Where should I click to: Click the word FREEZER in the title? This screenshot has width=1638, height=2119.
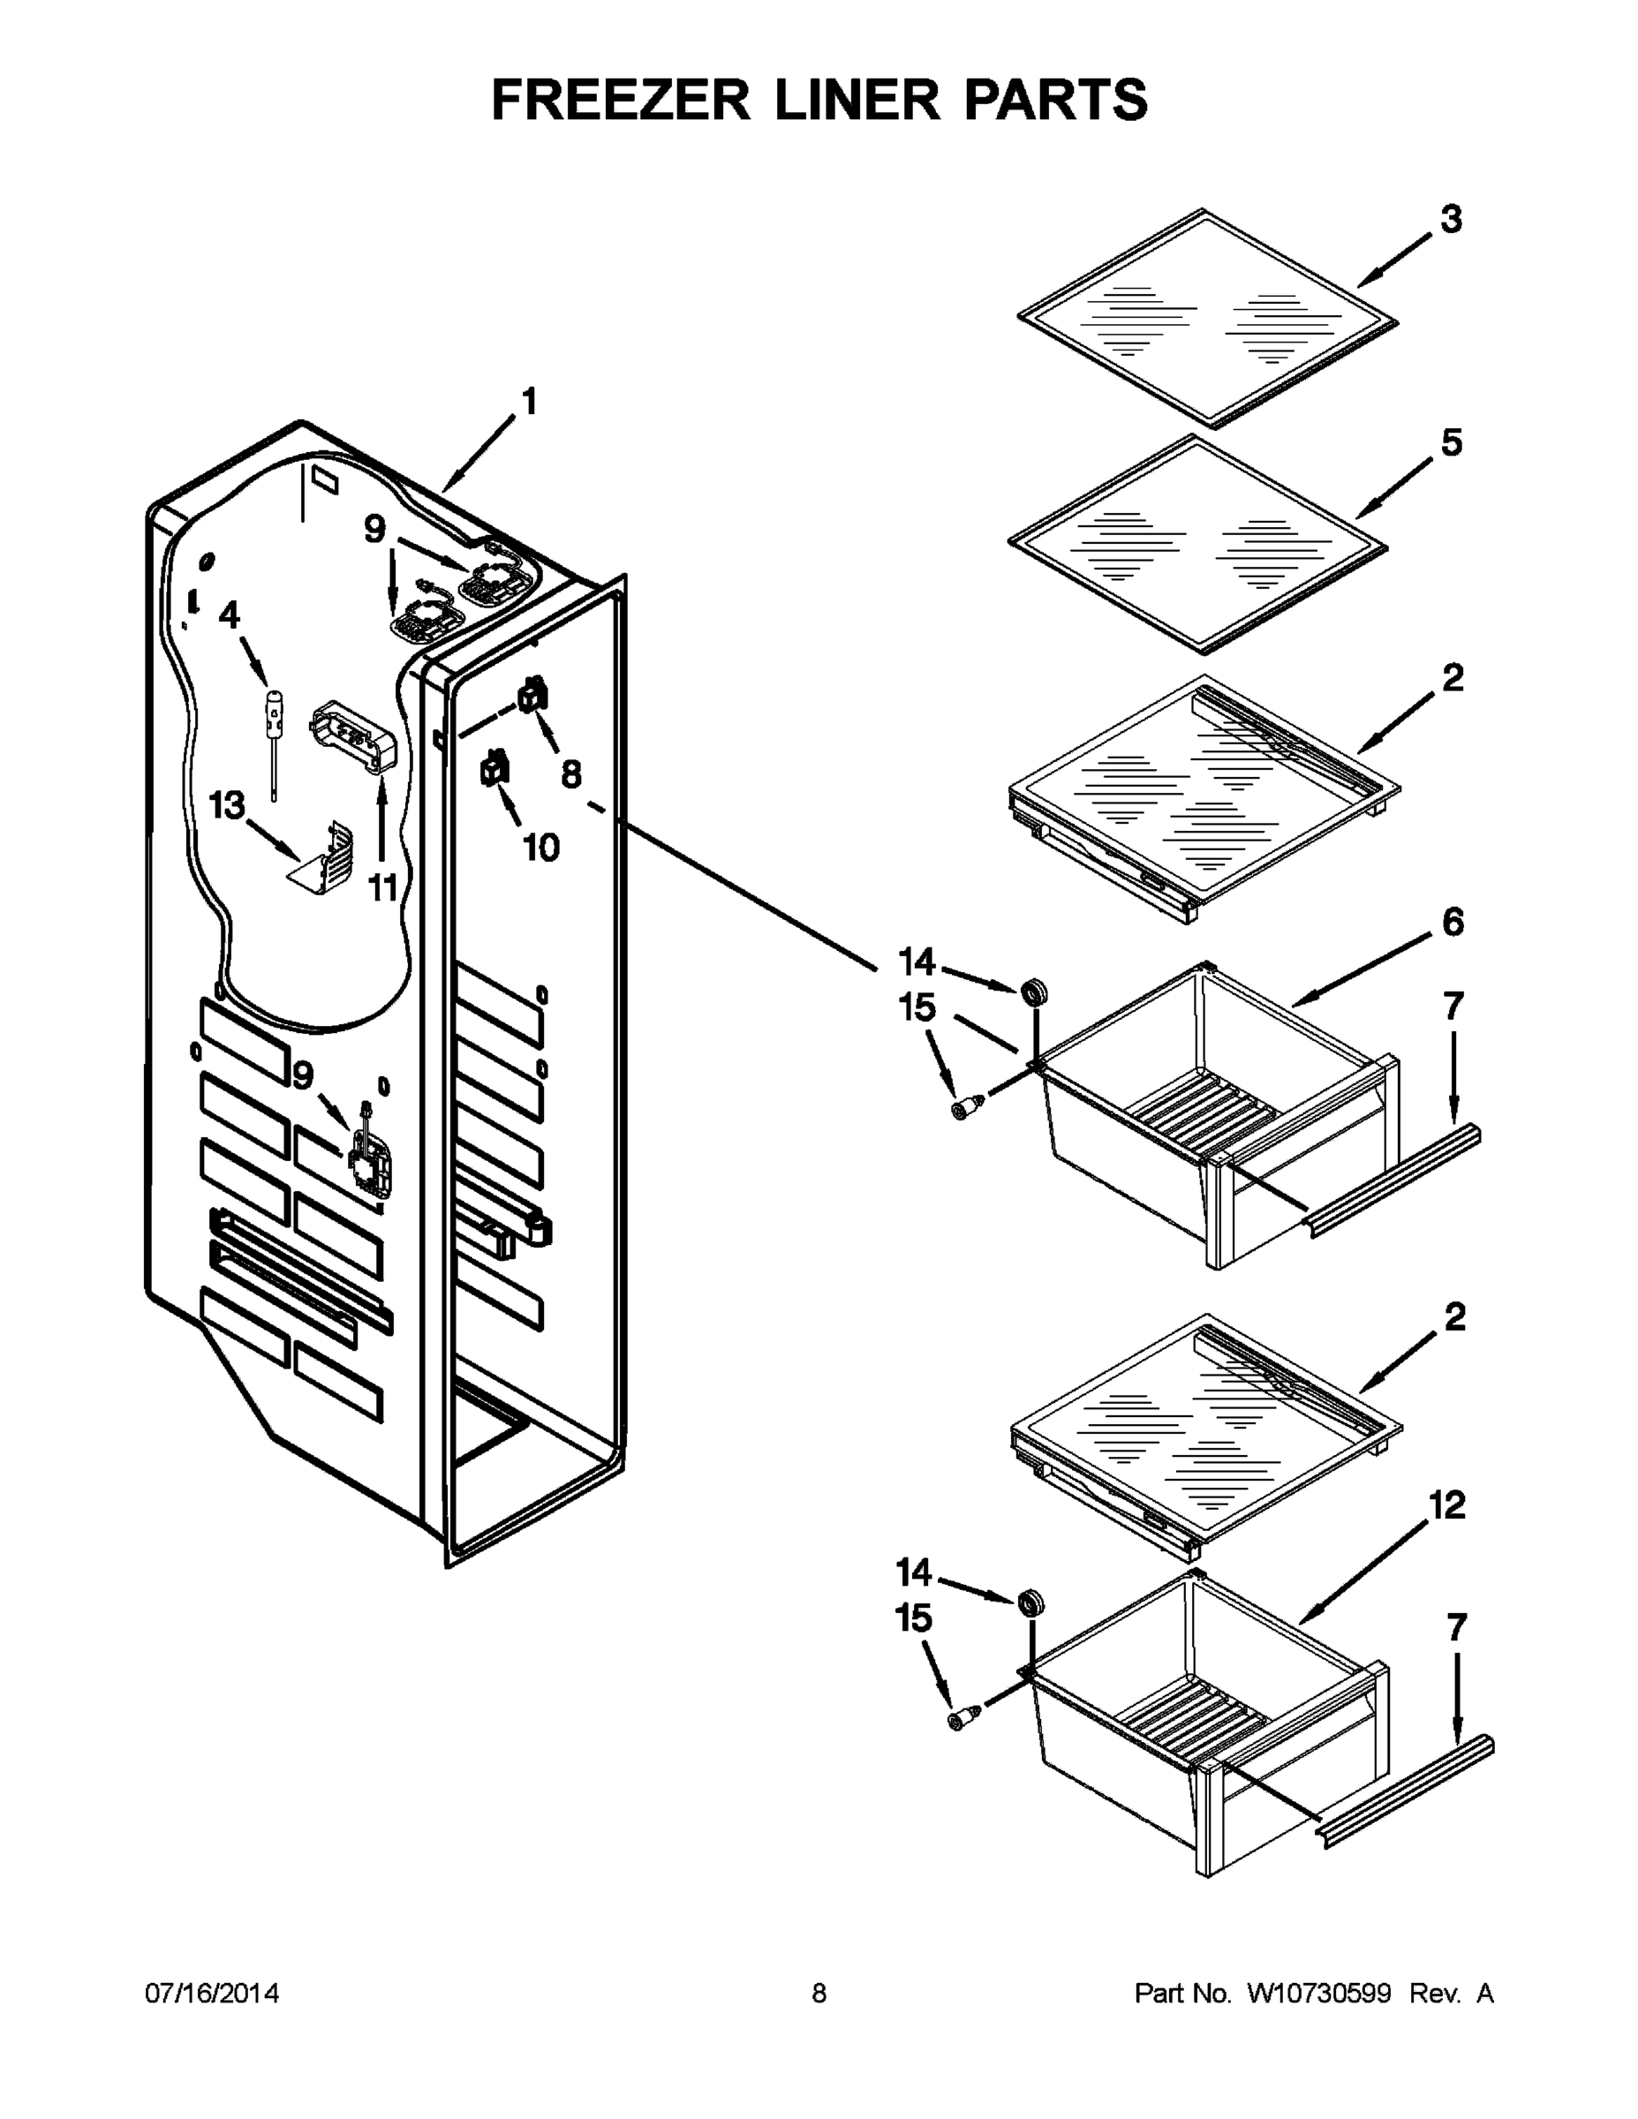[621, 100]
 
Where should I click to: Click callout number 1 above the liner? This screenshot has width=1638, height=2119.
[529, 401]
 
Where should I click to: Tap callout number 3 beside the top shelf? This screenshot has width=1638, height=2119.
[1450, 219]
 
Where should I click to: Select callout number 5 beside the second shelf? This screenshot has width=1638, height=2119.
[1451, 442]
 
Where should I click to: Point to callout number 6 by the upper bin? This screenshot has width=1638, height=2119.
[1452, 922]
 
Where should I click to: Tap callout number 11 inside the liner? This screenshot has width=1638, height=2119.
[383, 886]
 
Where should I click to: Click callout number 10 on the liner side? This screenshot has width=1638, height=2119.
[540, 847]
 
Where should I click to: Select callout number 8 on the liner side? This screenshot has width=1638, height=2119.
[570, 773]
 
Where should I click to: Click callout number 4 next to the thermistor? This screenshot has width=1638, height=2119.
[229, 615]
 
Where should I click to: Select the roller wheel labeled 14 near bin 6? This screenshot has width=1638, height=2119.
[1034, 992]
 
